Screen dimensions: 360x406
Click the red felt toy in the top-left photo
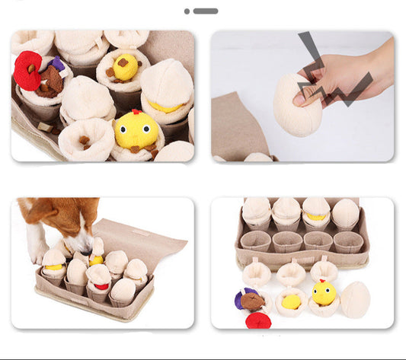pyautogui.click(x=27, y=69)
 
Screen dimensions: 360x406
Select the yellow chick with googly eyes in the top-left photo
pyautogui.click(x=135, y=130)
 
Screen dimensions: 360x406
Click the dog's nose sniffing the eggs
pyautogui.click(x=82, y=245)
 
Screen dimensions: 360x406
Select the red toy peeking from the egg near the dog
pyautogui.click(x=101, y=286)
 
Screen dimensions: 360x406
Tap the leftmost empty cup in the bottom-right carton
pyautogui.click(x=256, y=242)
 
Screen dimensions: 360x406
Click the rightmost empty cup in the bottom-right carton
pyautogui.click(x=348, y=243)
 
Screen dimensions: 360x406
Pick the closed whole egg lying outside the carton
pyautogui.click(x=354, y=298)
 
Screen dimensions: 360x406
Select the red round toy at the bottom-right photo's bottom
pyautogui.click(x=258, y=320)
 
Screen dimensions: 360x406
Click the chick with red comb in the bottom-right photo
pyautogui.click(x=323, y=292)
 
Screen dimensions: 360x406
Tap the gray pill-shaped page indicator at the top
pyautogui.click(x=206, y=11)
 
